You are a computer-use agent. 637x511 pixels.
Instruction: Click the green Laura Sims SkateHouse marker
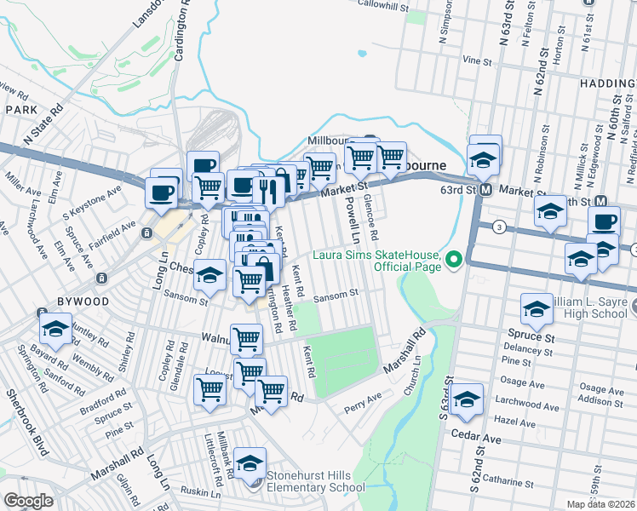click(454, 260)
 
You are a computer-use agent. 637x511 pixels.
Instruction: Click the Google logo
click(28, 500)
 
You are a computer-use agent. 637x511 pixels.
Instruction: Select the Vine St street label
click(477, 61)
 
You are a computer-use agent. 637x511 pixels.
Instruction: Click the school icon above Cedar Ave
click(468, 400)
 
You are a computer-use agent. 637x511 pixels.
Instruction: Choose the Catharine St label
click(514, 481)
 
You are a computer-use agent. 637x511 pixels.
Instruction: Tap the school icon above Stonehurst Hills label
click(250, 463)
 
